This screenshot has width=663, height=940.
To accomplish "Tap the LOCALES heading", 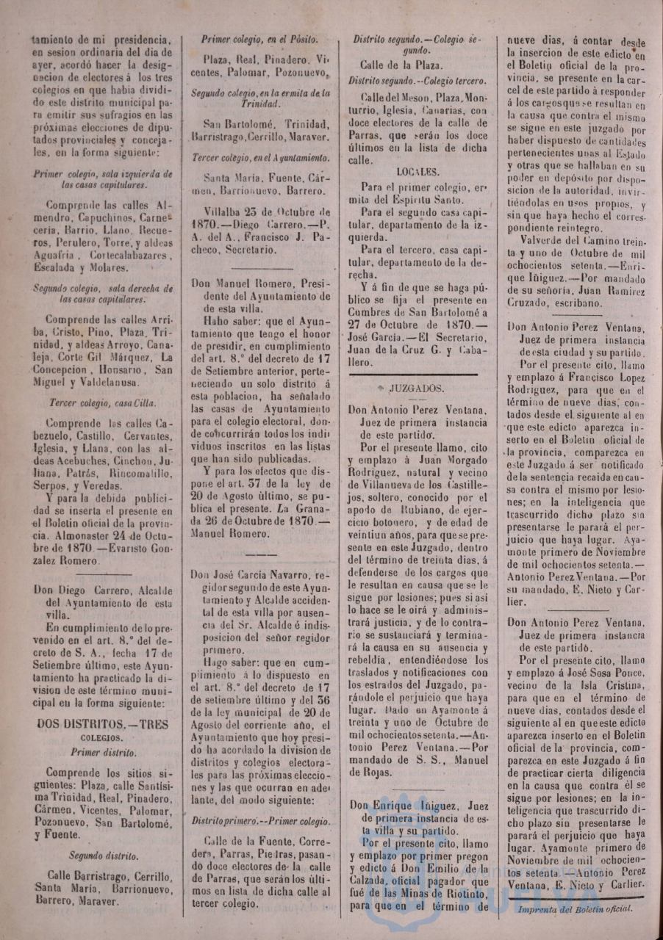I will click(x=417, y=172).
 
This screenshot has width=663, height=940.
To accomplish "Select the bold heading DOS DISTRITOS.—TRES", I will click(x=102, y=723).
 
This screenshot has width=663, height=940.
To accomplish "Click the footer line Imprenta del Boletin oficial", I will click(x=573, y=908).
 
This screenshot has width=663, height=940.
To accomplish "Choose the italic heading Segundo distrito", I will click(x=103, y=855).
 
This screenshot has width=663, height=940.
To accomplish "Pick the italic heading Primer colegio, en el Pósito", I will click(x=259, y=40).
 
